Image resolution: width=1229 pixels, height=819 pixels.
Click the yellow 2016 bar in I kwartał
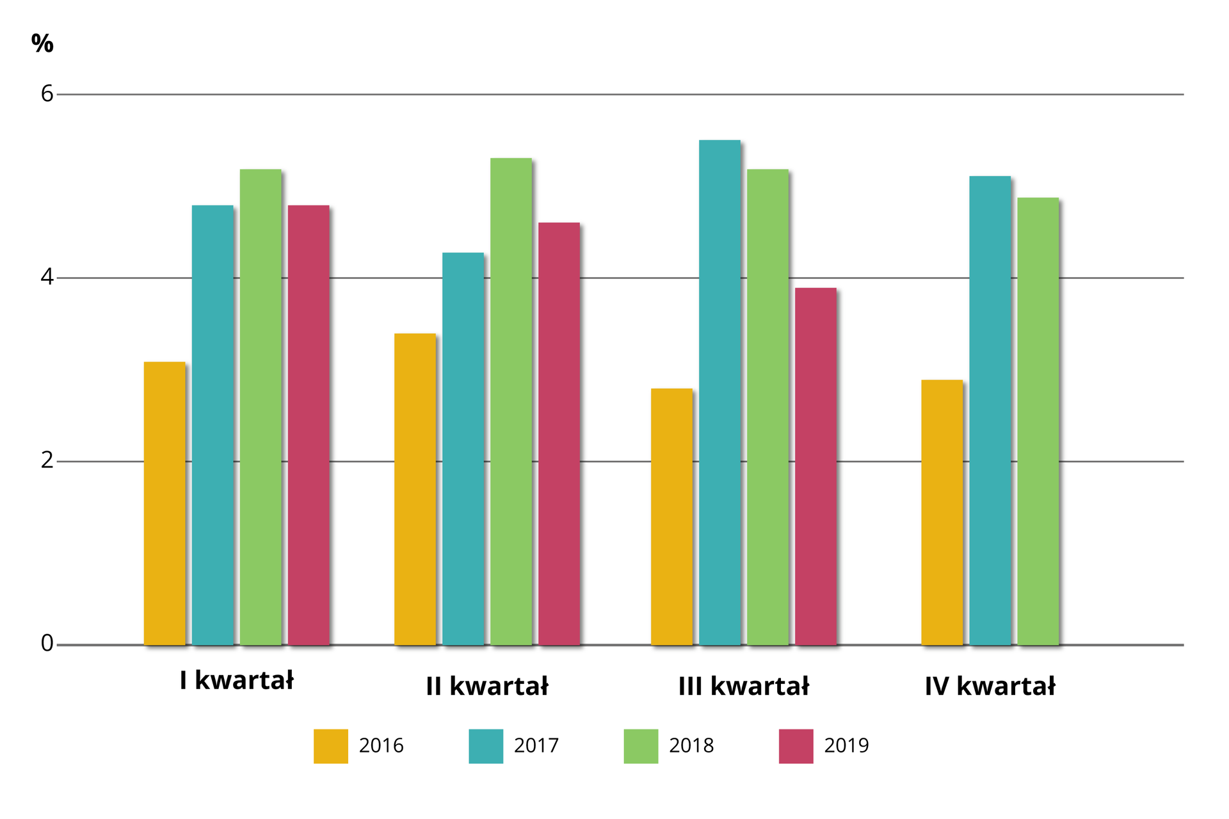pos(165,504)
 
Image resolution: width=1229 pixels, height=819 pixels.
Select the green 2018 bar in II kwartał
pos(511,402)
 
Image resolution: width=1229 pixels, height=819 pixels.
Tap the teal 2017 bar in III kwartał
pos(719,392)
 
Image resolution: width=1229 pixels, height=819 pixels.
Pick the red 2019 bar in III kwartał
pos(815,466)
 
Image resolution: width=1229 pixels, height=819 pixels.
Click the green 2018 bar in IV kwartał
pos(1038,421)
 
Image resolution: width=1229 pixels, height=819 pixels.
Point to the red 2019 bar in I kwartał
pos(309,425)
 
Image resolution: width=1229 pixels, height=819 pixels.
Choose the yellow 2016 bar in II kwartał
pos(415,489)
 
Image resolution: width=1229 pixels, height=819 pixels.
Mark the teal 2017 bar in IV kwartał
pos(990,410)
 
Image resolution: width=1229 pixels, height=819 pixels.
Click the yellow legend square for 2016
pos(331,746)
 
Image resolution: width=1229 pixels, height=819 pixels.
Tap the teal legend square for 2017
pos(486,746)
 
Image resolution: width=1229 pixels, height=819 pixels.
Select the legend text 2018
pos(691,746)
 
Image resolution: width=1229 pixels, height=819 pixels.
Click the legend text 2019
pos(846,746)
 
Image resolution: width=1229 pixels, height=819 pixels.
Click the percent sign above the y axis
pos(42,44)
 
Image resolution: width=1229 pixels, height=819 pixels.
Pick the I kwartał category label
pos(237,681)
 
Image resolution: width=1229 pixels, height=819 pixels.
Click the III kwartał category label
pos(743,687)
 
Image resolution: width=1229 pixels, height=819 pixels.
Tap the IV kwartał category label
pos(990,687)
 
